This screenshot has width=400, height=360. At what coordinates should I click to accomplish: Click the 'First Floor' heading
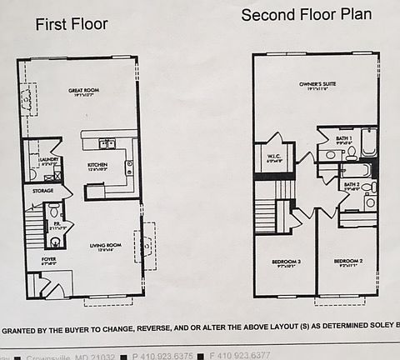coord(71,24)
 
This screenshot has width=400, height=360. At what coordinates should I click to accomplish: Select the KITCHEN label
coord(97,166)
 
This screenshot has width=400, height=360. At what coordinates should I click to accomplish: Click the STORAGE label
coord(43,191)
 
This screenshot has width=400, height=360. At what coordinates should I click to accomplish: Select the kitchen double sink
coord(107,144)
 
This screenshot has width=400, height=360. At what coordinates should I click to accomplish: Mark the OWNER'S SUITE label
coord(317,85)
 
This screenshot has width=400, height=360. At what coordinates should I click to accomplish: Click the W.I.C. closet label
coord(273,157)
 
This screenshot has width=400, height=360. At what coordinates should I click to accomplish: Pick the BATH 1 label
coord(344,139)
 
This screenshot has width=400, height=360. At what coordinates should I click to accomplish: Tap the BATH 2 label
coord(352,185)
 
